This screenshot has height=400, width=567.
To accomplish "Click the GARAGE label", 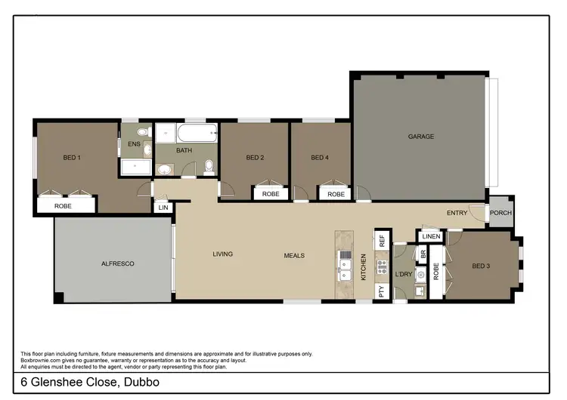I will (421, 137).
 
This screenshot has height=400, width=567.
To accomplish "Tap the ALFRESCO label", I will (118, 263).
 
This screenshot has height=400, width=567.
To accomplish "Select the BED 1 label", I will (72, 157).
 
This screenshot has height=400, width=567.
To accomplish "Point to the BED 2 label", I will (255, 158).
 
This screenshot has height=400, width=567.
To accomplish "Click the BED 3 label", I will (482, 266).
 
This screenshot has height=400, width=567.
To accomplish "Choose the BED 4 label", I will (321, 158).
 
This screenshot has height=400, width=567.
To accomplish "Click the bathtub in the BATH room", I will (196, 137).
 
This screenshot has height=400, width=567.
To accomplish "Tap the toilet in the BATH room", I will (209, 165).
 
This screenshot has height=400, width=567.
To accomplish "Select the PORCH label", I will (500, 213).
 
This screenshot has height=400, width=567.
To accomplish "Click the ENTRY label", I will (457, 213).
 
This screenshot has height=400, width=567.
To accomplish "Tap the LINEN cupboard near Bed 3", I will (431, 237).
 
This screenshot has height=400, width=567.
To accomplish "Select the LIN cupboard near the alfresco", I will (163, 208).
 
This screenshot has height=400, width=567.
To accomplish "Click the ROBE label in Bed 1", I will (64, 205).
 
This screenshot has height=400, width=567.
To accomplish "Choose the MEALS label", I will (294, 255).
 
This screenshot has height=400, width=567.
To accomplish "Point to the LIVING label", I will (222, 254).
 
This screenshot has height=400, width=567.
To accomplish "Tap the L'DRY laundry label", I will (404, 274).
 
